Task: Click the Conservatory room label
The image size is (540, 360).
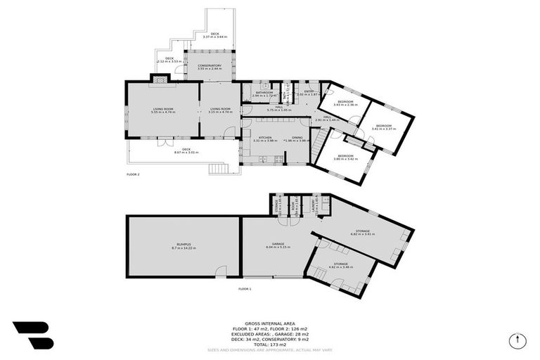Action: tap(210, 65)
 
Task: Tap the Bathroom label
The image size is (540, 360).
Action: tap(264, 92)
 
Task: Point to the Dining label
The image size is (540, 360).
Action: tap(297, 138)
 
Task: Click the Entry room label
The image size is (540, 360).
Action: tap(309, 91)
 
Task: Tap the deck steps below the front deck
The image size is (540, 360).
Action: tap(221, 169)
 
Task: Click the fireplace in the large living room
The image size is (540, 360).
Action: tap(162, 81)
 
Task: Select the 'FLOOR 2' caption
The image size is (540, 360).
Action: tap(134, 174)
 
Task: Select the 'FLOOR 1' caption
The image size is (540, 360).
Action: tap(245, 289)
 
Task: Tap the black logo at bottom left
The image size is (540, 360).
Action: tap(32, 335)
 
